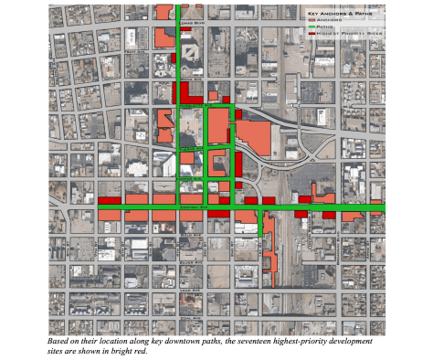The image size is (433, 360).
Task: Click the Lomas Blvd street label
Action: tap(193, 23)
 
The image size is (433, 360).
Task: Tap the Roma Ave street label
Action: tap(193, 79)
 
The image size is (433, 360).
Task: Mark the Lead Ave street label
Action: tap(190, 290)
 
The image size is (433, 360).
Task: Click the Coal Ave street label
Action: tap(190, 318)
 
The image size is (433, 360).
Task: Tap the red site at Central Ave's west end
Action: tap(110, 199)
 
